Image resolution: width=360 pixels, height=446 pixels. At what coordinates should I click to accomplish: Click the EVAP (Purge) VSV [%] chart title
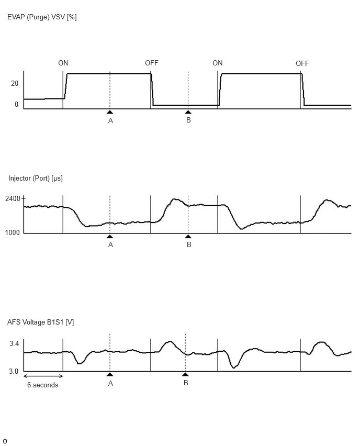click(x=42, y=17)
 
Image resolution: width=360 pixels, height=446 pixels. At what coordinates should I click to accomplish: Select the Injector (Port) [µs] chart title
click(x=36, y=179)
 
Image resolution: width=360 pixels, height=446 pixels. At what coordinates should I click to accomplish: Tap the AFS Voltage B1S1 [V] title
click(x=41, y=322)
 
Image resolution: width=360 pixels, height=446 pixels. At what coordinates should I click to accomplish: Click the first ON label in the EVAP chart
click(x=63, y=63)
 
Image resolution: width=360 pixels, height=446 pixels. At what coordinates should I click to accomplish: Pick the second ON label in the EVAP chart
click(x=218, y=63)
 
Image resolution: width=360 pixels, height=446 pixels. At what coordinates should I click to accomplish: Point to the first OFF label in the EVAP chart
click(x=152, y=63)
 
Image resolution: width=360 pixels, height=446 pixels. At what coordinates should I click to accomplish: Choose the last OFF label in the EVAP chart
click(x=302, y=63)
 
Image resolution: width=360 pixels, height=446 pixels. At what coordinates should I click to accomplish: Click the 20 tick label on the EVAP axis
click(x=15, y=83)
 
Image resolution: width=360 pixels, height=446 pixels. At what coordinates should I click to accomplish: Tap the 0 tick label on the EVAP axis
click(x=17, y=104)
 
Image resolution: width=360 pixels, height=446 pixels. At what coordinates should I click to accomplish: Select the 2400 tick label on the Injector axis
click(x=13, y=198)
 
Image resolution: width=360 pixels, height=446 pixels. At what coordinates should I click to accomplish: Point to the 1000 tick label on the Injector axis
click(x=13, y=232)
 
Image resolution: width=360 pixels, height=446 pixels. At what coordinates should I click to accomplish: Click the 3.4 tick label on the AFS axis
click(x=14, y=343)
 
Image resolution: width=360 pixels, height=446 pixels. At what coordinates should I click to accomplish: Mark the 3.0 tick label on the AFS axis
click(x=14, y=372)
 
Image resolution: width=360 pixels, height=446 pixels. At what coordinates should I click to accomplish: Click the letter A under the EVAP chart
click(x=110, y=120)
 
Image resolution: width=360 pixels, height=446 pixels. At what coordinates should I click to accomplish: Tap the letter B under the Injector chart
click(x=189, y=244)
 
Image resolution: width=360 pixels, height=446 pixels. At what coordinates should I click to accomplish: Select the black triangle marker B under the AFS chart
click(x=185, y=374)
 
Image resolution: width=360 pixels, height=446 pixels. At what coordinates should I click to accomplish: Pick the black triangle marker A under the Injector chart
click(x=110, y=237)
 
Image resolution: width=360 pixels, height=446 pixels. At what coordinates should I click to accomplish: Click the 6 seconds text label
click(x=43, y=385)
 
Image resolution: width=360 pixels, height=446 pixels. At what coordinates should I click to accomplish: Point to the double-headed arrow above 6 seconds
click(x=43, y=376)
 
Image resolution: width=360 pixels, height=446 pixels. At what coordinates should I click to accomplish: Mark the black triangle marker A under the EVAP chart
click(x=110, y=112)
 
